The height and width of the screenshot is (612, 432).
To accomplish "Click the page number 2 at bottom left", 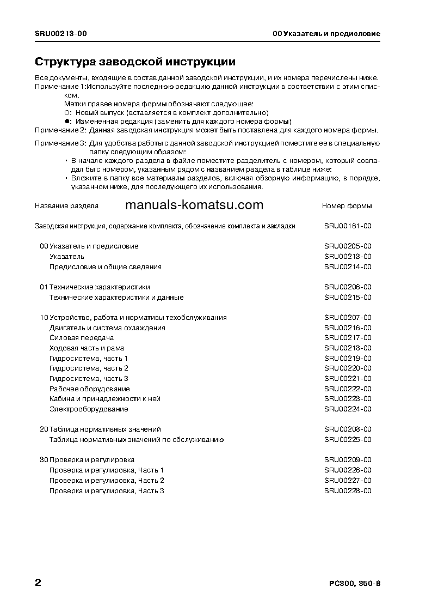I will pos(38,583).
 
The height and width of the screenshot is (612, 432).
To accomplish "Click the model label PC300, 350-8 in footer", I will pos(355,584).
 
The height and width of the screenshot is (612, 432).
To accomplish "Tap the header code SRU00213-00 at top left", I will pos(60,34).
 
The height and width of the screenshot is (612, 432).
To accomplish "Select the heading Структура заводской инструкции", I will pos(135,61).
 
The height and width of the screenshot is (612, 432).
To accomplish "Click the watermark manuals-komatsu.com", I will pos(194,205).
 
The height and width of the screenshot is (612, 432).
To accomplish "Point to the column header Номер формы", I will pos(347,206).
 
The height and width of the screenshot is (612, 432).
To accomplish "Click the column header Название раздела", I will pos(66,206).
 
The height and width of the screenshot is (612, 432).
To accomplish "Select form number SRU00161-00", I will pos(348,226).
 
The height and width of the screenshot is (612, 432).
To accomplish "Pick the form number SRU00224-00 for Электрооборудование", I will pos(348,409).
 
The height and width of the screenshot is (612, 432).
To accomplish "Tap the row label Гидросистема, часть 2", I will pos(89,368).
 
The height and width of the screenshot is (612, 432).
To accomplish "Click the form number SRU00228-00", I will pos(348,491).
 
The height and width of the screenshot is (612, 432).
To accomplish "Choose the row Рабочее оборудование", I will pos(89,389).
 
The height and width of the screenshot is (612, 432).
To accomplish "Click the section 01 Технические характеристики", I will pos(95,287).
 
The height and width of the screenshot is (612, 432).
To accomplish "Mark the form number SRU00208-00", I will pos(348,429).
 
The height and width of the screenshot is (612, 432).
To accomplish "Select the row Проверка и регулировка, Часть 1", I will pos(107,470).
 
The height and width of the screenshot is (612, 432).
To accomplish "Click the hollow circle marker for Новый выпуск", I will pos(67,112).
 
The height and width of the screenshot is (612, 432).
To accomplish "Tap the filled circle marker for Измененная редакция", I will pos(67,121).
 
